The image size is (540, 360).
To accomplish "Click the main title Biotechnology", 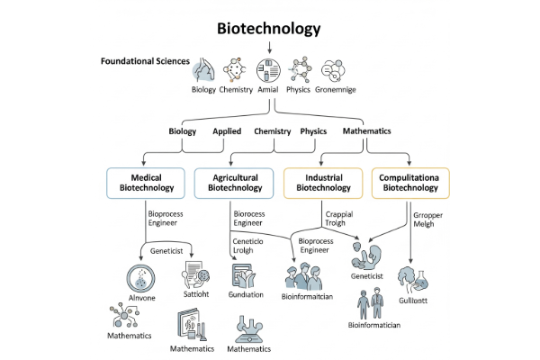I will point(269,28).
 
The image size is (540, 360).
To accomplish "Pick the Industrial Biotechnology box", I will point(322,182).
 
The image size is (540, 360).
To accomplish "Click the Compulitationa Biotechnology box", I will point(410,182).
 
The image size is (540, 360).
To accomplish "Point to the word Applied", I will point(227,131).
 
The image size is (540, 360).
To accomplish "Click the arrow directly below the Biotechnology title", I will point(269,46).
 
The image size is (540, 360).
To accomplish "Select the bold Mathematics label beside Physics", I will point(366,131).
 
